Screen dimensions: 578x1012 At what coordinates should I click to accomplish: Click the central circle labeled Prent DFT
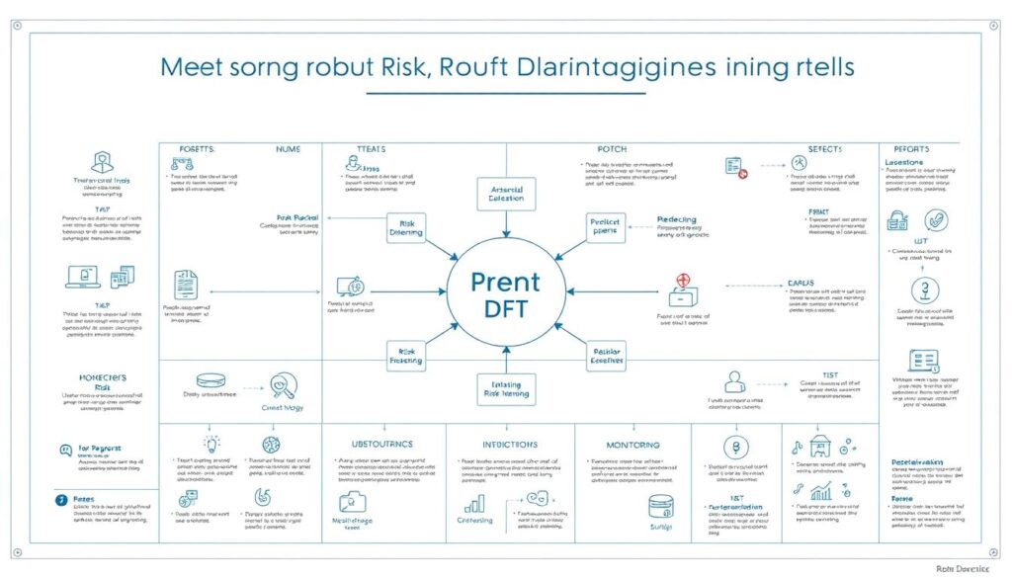click(505, 294)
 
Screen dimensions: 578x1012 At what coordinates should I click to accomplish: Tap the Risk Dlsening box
click(405, 228)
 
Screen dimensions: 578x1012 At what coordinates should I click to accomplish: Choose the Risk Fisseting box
click(404, 356)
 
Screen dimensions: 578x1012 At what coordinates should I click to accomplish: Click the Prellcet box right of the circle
click(605, 228)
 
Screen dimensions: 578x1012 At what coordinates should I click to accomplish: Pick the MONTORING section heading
click(632, 445)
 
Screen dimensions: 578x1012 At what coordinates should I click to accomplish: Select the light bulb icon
click(211, 444)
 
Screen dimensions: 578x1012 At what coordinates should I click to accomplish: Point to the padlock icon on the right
click(896, 220)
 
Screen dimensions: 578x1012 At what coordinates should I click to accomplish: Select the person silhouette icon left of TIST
click(734, 381)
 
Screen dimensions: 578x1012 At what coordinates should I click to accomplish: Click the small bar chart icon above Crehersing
click(472, 503)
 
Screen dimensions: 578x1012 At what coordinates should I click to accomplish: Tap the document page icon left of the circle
click(186, 285)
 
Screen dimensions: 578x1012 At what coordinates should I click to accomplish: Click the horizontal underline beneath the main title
click(505, 93)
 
